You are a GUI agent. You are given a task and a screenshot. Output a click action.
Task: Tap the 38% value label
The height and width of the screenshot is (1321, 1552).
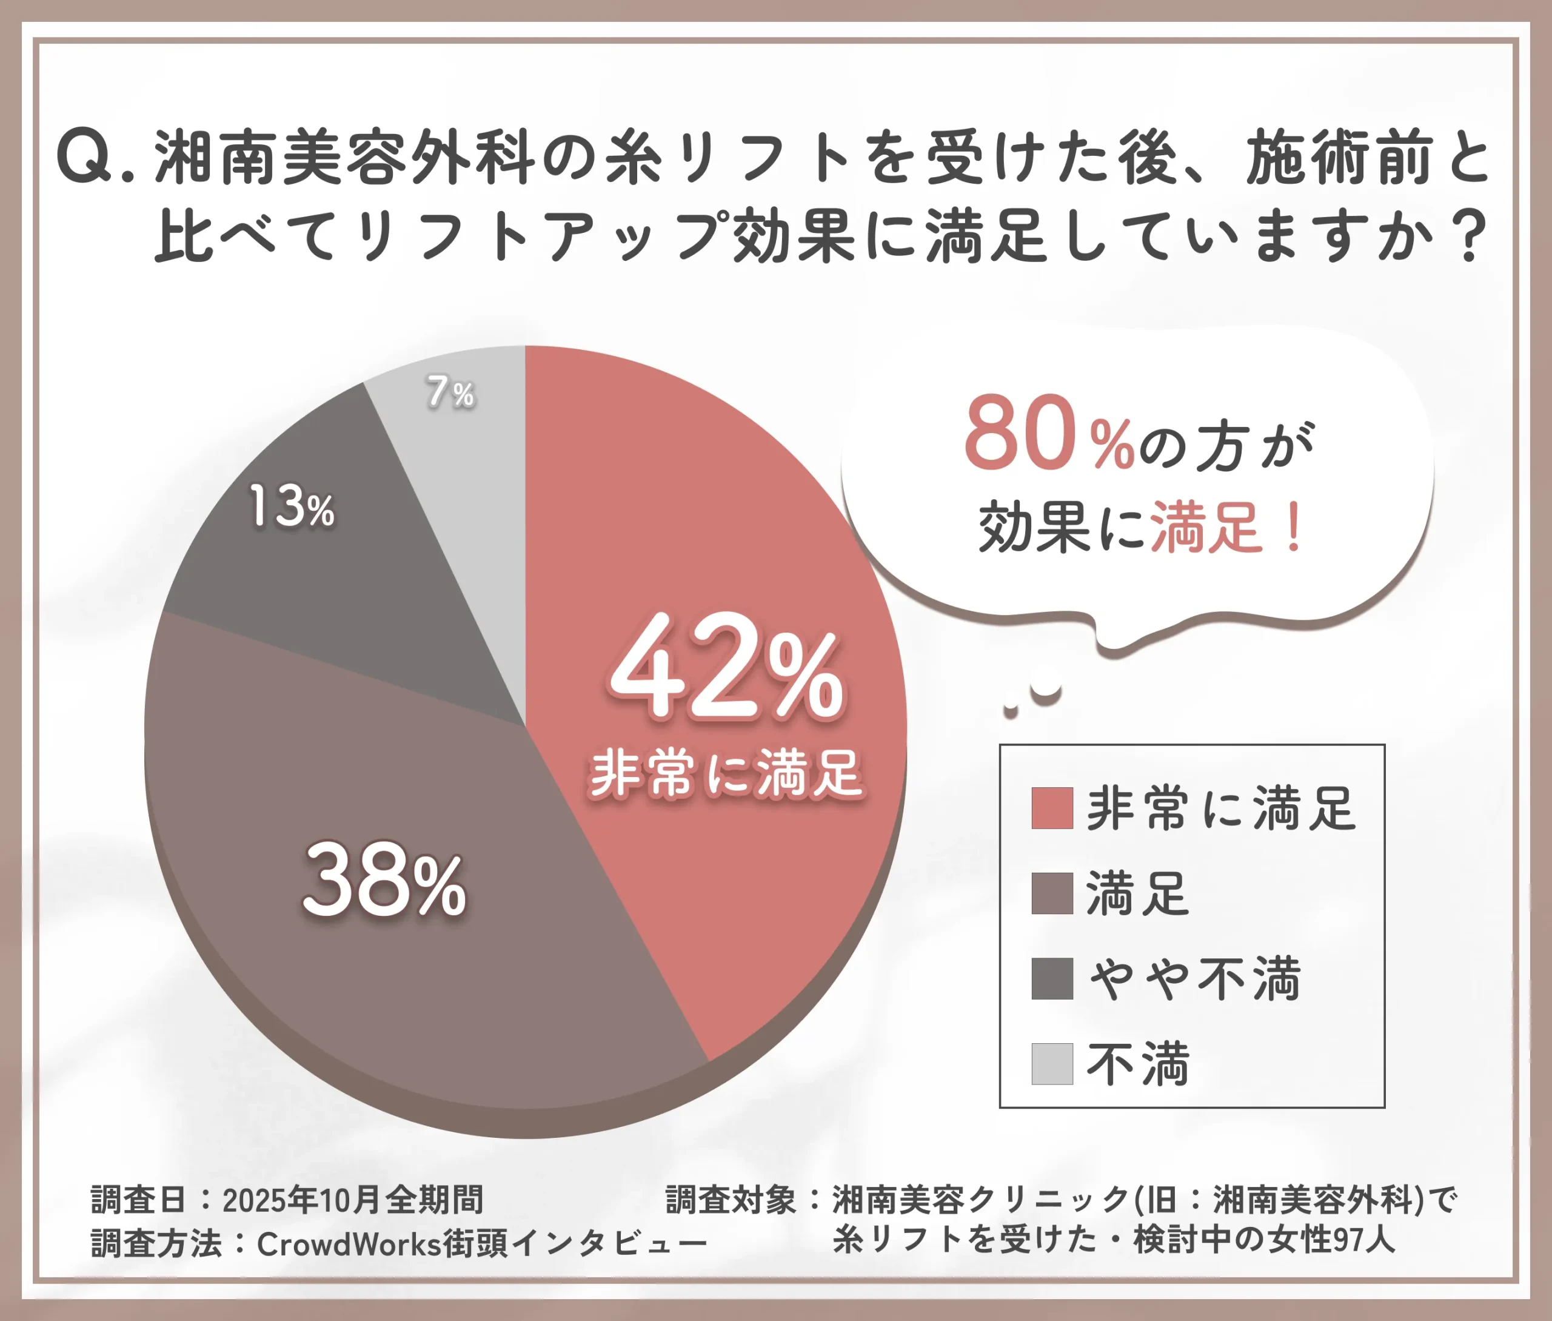tap(384, 881)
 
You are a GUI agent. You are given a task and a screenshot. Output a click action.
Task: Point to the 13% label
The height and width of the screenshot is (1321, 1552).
tap(291, 507)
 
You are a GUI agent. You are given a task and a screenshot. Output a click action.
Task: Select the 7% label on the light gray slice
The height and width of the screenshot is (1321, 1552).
tap(450, 392)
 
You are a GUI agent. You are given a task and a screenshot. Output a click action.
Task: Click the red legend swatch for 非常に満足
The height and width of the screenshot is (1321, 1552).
tap(1052, 808)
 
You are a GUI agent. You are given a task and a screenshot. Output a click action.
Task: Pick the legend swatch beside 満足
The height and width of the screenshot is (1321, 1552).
tap(1052, 893)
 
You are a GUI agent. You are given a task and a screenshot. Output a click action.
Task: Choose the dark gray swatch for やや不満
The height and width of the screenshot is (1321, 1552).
tap(1052, 978)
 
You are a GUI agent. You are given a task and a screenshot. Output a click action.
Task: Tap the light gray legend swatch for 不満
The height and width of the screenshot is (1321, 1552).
tap(1052, 1063)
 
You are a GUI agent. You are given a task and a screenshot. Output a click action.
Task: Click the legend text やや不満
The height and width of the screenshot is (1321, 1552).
tap(1195, 979)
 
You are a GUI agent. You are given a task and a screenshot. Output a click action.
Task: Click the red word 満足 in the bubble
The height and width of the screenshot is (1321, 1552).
tap(1206, 528)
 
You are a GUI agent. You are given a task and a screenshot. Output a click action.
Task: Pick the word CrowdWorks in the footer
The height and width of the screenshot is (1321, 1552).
tap(349, 1245)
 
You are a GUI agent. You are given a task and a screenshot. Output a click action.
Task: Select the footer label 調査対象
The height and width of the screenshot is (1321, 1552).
tap(731, 1200)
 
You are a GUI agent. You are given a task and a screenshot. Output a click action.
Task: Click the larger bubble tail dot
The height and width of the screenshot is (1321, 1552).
tap(1045, 693)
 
